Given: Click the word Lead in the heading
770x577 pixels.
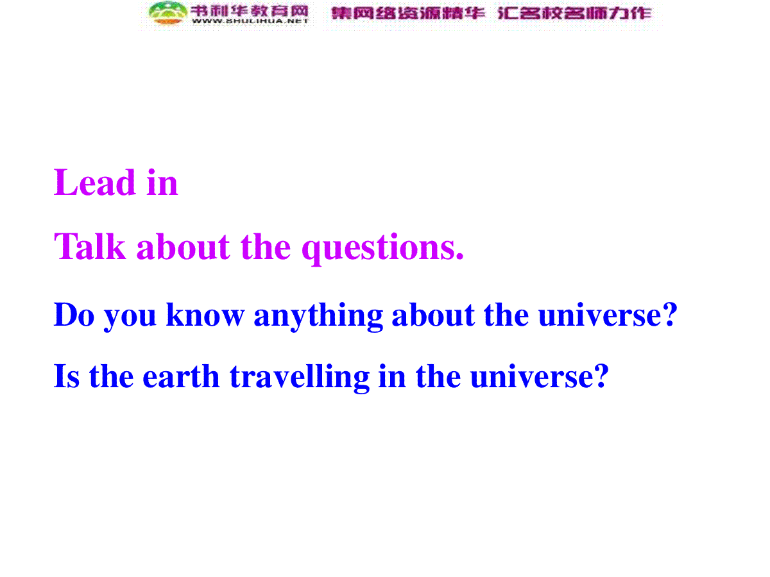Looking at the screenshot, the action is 94,182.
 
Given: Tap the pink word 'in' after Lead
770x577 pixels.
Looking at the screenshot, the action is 162,182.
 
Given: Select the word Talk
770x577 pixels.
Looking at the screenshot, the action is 90,247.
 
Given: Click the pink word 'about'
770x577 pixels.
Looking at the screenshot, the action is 183,247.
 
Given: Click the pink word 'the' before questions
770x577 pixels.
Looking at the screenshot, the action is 266,247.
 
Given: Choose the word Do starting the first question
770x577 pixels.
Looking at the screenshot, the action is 74,315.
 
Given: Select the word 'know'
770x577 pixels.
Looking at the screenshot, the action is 205,315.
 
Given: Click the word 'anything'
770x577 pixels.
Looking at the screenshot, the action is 318,317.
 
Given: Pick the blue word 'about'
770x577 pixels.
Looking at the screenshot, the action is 433,315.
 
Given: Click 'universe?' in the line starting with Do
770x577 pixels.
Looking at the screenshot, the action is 608,315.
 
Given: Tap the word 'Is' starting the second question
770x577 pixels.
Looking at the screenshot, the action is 67,376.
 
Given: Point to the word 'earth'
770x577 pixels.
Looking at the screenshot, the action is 181,376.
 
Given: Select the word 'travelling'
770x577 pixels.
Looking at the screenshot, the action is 300,378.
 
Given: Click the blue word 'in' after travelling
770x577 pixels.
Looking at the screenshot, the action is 392,376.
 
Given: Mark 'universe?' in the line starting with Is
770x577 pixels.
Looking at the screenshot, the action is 540,376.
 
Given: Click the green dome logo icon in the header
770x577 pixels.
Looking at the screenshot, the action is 168,13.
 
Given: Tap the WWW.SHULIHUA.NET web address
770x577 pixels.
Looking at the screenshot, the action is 250,21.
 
